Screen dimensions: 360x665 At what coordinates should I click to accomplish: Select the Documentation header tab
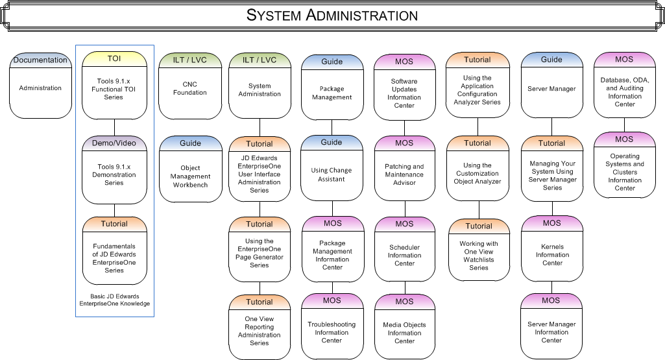(x=40, y=60)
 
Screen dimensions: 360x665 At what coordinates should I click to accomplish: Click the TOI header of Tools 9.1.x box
(x=114, y=59)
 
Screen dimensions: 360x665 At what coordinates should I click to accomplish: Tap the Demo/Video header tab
(x=114, y=143)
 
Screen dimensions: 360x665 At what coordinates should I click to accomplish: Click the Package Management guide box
(x=332, y=93)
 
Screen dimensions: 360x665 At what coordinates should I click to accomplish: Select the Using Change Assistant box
(x=332, y=175)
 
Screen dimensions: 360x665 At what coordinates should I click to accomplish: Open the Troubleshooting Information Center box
(x=332, y=332)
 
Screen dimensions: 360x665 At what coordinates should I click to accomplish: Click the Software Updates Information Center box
(x=404, y=93)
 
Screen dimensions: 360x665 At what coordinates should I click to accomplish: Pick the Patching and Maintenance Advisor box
(x=404, y=174)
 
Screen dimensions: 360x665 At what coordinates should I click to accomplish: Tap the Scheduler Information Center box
(x=404, y=256)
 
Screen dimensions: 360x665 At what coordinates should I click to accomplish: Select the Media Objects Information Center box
(x=404, y=333)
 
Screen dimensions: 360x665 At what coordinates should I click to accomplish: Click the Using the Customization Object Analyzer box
(x=478, y=174)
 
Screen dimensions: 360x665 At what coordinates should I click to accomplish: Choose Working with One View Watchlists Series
(x=479, y=256)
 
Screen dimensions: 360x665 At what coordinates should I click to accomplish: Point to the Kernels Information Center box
(x=552, y=255)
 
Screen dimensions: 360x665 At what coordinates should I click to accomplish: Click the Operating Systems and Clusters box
(x=625, y=173)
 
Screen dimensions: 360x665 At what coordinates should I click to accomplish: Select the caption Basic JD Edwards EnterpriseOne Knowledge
(x=115, y=300)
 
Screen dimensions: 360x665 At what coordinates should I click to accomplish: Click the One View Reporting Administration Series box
(x=260, y=331)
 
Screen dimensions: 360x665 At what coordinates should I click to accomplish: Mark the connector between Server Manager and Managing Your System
(x=552, y=127)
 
